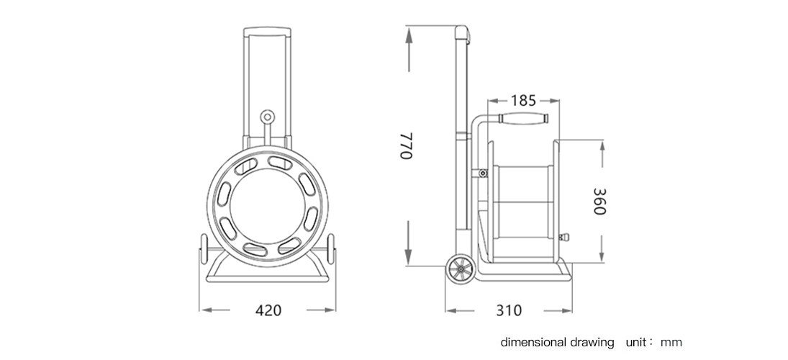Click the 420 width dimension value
pos(268,310)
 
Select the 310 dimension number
pos(509,310)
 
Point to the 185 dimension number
pos(524,101)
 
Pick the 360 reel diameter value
pos(599,201)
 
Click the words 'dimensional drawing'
pos(557,343)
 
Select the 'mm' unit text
pos(671,343)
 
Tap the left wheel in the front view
pos(204,249)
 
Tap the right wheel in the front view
pos(331,249)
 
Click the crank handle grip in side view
pos(523,119)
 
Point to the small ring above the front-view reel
pos(268,117)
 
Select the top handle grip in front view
pos(268,32)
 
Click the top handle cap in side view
pos(462,34)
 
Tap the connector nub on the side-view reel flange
pos(564,236)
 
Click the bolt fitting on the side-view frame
pos(483,174)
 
